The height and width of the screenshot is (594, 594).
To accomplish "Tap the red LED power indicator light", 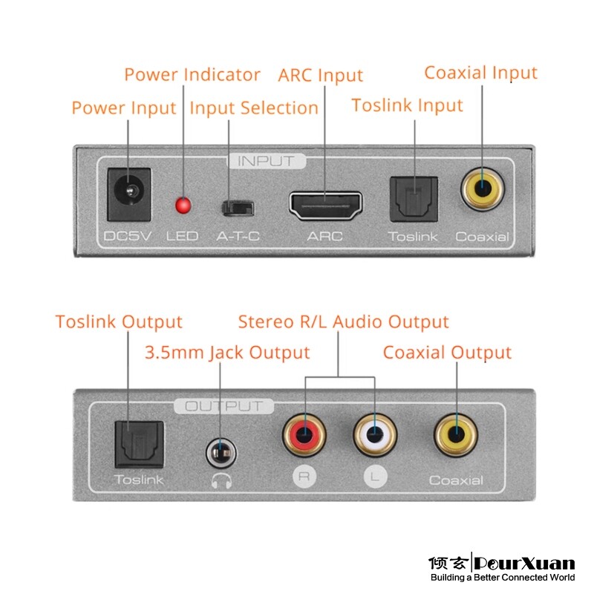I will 182,205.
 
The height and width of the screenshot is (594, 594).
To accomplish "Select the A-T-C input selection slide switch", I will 238,206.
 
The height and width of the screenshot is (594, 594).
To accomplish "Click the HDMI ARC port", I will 325,206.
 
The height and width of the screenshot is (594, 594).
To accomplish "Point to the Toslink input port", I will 414,199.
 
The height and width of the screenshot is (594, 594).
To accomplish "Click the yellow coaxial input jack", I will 482,189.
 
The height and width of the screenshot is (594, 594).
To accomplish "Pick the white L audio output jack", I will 375,434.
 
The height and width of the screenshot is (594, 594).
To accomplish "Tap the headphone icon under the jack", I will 221,480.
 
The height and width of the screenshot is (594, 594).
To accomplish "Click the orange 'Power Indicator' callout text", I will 192,75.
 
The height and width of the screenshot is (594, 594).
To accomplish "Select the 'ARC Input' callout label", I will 320,76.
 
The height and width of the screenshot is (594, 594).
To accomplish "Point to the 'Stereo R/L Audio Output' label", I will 343,322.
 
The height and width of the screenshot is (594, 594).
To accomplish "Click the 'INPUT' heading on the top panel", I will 265,160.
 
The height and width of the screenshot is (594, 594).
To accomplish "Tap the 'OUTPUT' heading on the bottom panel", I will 223,406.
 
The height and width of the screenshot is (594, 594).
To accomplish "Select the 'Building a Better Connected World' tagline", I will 503,578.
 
